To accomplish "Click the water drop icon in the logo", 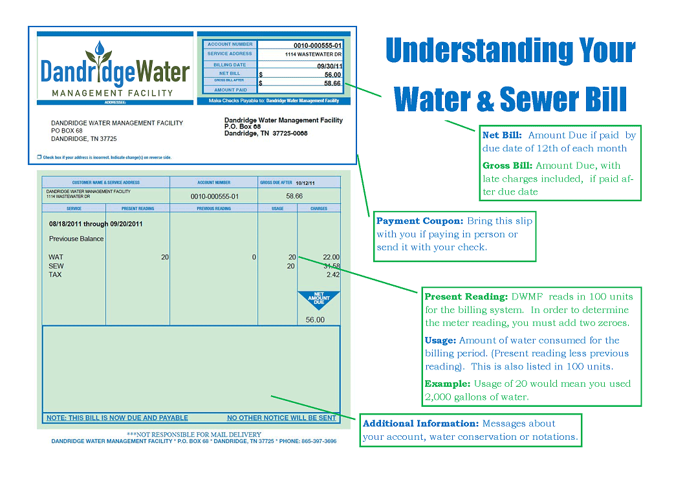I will coord(98,49).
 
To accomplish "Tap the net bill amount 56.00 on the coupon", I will coord(332,74).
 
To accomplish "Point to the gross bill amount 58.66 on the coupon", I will coord(332,83).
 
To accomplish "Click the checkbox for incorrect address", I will coord(39,157).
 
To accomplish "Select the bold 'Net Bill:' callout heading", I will coord(503,135).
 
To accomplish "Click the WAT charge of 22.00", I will coord(331,257).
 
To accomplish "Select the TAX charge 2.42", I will coord(332,275).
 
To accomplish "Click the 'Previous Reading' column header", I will coord(213,209).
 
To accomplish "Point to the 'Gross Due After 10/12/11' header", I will coord(287,182).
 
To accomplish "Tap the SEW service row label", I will coord(56,266).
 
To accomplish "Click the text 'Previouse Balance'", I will coord(76,239).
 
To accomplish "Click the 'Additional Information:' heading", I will coord(420,424).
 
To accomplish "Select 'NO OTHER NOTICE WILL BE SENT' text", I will coord(281,418).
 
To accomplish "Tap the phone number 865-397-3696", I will coord(319,441).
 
